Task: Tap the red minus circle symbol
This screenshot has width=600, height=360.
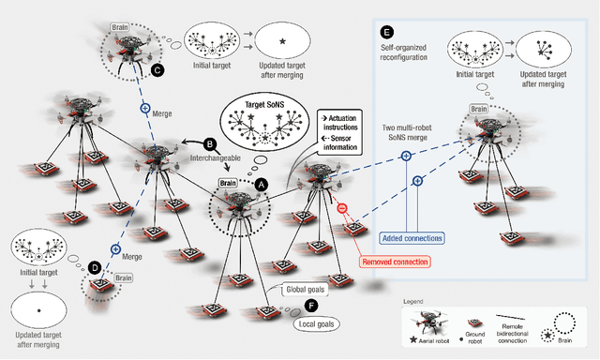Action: pos(342,209)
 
